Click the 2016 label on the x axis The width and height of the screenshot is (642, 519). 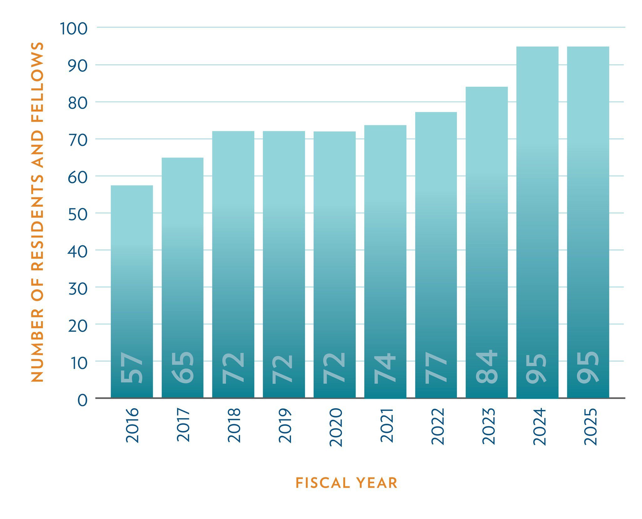(132, 425)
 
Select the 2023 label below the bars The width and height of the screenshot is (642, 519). (489, 426)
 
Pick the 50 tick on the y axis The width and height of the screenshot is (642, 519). (78, 214)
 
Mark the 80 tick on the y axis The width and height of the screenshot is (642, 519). (78, 103)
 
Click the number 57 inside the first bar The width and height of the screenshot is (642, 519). (132, 368)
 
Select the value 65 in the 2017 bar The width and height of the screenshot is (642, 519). (183, 368)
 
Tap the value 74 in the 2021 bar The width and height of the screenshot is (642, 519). (385, 368)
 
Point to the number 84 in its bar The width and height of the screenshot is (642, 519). (487, 367)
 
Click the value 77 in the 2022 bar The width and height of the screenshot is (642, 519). (436, 368)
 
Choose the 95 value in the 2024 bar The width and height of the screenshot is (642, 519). (536, 368)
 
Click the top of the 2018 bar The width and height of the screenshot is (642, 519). (233, 132)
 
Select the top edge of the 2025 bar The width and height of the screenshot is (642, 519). (588, 47)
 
